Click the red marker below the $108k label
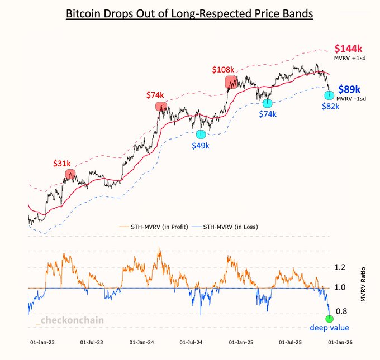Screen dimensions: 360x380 pyautogui.click(x=231, y=83)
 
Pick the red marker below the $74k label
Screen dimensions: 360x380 pyautogui.click(x=161, y=106)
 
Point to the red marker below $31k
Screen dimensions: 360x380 pyautogui.click(x=70, y=174)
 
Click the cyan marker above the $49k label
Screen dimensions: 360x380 pyautogui.click(x=201, y=134)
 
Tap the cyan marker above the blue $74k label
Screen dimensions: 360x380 pyautogui.click(x=268, y=104)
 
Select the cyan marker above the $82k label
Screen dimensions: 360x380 pyautogui.click(x=330, y=95)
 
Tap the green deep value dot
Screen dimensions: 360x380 pyautogui.click(x=330, y=318)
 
